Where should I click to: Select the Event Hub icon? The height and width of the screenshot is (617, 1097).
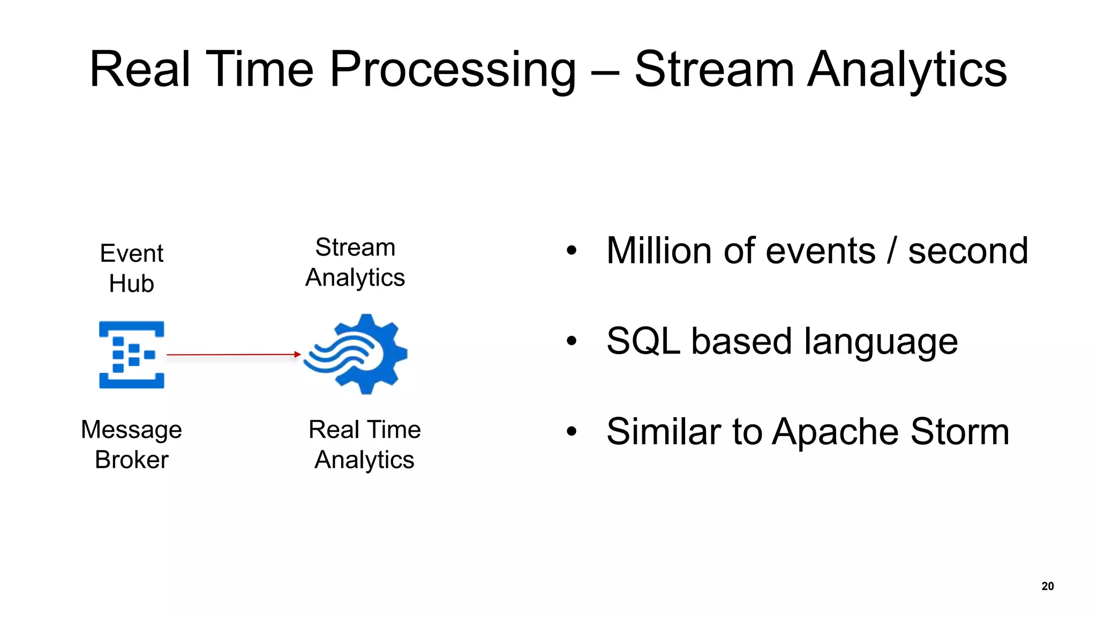132,355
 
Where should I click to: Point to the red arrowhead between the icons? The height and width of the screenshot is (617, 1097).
298,354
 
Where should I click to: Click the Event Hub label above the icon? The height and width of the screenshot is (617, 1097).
132,268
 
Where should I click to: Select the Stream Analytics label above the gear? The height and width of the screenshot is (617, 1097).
355,262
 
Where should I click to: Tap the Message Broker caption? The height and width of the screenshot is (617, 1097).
132,445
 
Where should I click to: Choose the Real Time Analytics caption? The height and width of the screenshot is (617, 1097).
364,445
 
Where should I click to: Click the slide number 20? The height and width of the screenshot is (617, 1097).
1047,586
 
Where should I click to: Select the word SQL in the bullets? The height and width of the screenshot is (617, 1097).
643,341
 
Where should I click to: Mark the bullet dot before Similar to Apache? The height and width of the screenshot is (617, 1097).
572,431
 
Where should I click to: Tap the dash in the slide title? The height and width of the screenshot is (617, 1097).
605,72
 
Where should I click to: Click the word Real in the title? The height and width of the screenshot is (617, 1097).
140,70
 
